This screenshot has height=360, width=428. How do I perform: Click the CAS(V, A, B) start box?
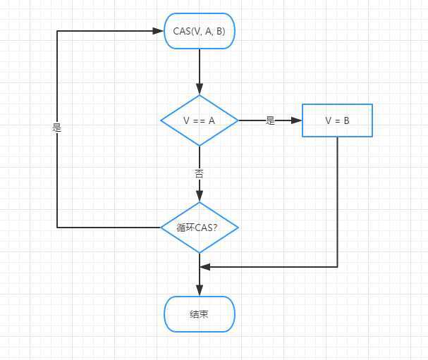(x=200, y=31)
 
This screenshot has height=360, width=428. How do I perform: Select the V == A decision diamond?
(x=200, y=120)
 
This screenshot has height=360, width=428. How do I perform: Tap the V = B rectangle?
(x=337, y=120)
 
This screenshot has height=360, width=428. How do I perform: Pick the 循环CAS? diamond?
(x=200, y=228)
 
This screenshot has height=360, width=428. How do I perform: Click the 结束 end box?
(x=200, y=314)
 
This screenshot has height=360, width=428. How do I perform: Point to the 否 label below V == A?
(x=200, y=173)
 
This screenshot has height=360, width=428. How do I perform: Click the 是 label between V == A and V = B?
(x=270, y=120)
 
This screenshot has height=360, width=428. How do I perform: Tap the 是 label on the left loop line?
(x=57, y=128)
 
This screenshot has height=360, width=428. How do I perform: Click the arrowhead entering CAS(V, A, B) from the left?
(x=159, y=31)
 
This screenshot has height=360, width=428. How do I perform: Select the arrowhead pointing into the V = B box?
(x=297, y=120)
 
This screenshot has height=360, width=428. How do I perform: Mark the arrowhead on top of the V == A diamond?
(x=200, y=90)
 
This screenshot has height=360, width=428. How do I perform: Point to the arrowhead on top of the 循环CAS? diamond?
(x=200, y=197)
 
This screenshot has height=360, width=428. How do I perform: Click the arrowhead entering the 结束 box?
(x=200, y=291)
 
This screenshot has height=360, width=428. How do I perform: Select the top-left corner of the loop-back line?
(x=57, y=31)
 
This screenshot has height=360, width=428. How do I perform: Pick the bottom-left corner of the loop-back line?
(x=57, y=228)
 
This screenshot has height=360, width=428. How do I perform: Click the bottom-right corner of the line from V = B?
(x=337, y=267)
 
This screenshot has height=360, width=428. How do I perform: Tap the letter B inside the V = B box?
(x=346, y=120)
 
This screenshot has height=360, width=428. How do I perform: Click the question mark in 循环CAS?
(x=214, y=228)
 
